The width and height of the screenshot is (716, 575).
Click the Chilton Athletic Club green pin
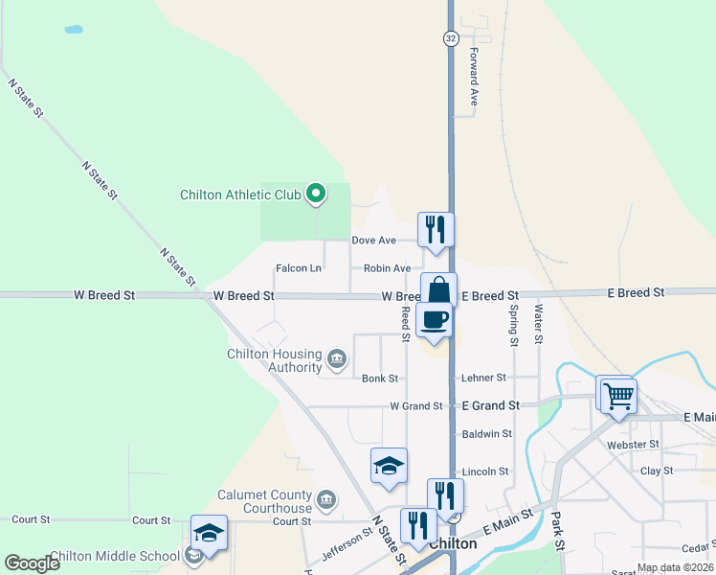(316, 195)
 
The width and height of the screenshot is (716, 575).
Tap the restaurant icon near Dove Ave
(436, 230)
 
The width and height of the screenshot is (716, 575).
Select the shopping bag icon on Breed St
(438, 290)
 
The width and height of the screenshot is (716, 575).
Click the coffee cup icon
(436, 320)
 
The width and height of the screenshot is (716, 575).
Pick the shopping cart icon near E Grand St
(618, 394)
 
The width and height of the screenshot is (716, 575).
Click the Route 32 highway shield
(450, 37)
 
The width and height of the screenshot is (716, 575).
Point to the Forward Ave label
(473, 78)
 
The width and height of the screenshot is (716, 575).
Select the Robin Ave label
(388, 268)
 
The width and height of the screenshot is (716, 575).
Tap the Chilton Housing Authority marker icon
(337, 359)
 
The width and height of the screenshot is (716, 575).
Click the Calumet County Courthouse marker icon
(326, 499)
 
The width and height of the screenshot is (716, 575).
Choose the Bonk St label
(380, 379)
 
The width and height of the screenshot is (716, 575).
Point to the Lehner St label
(483, 379)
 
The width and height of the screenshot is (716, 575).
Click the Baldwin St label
(487, 434)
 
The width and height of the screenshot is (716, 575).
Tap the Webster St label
(634, 445)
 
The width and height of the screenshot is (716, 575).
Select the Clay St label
(658, 471)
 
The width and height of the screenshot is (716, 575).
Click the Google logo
(33, 563)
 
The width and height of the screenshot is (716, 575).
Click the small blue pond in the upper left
(74, 30)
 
